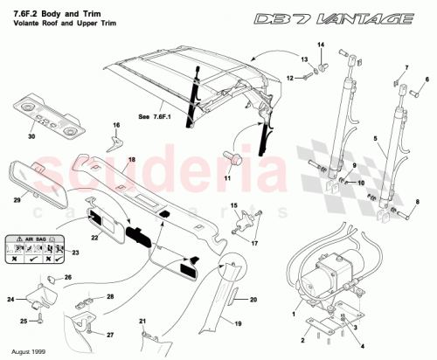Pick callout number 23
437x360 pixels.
click(74, 253)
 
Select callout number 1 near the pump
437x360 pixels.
click(294, 311)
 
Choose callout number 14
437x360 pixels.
click(320, 45)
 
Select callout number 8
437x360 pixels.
click(418, 202)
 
